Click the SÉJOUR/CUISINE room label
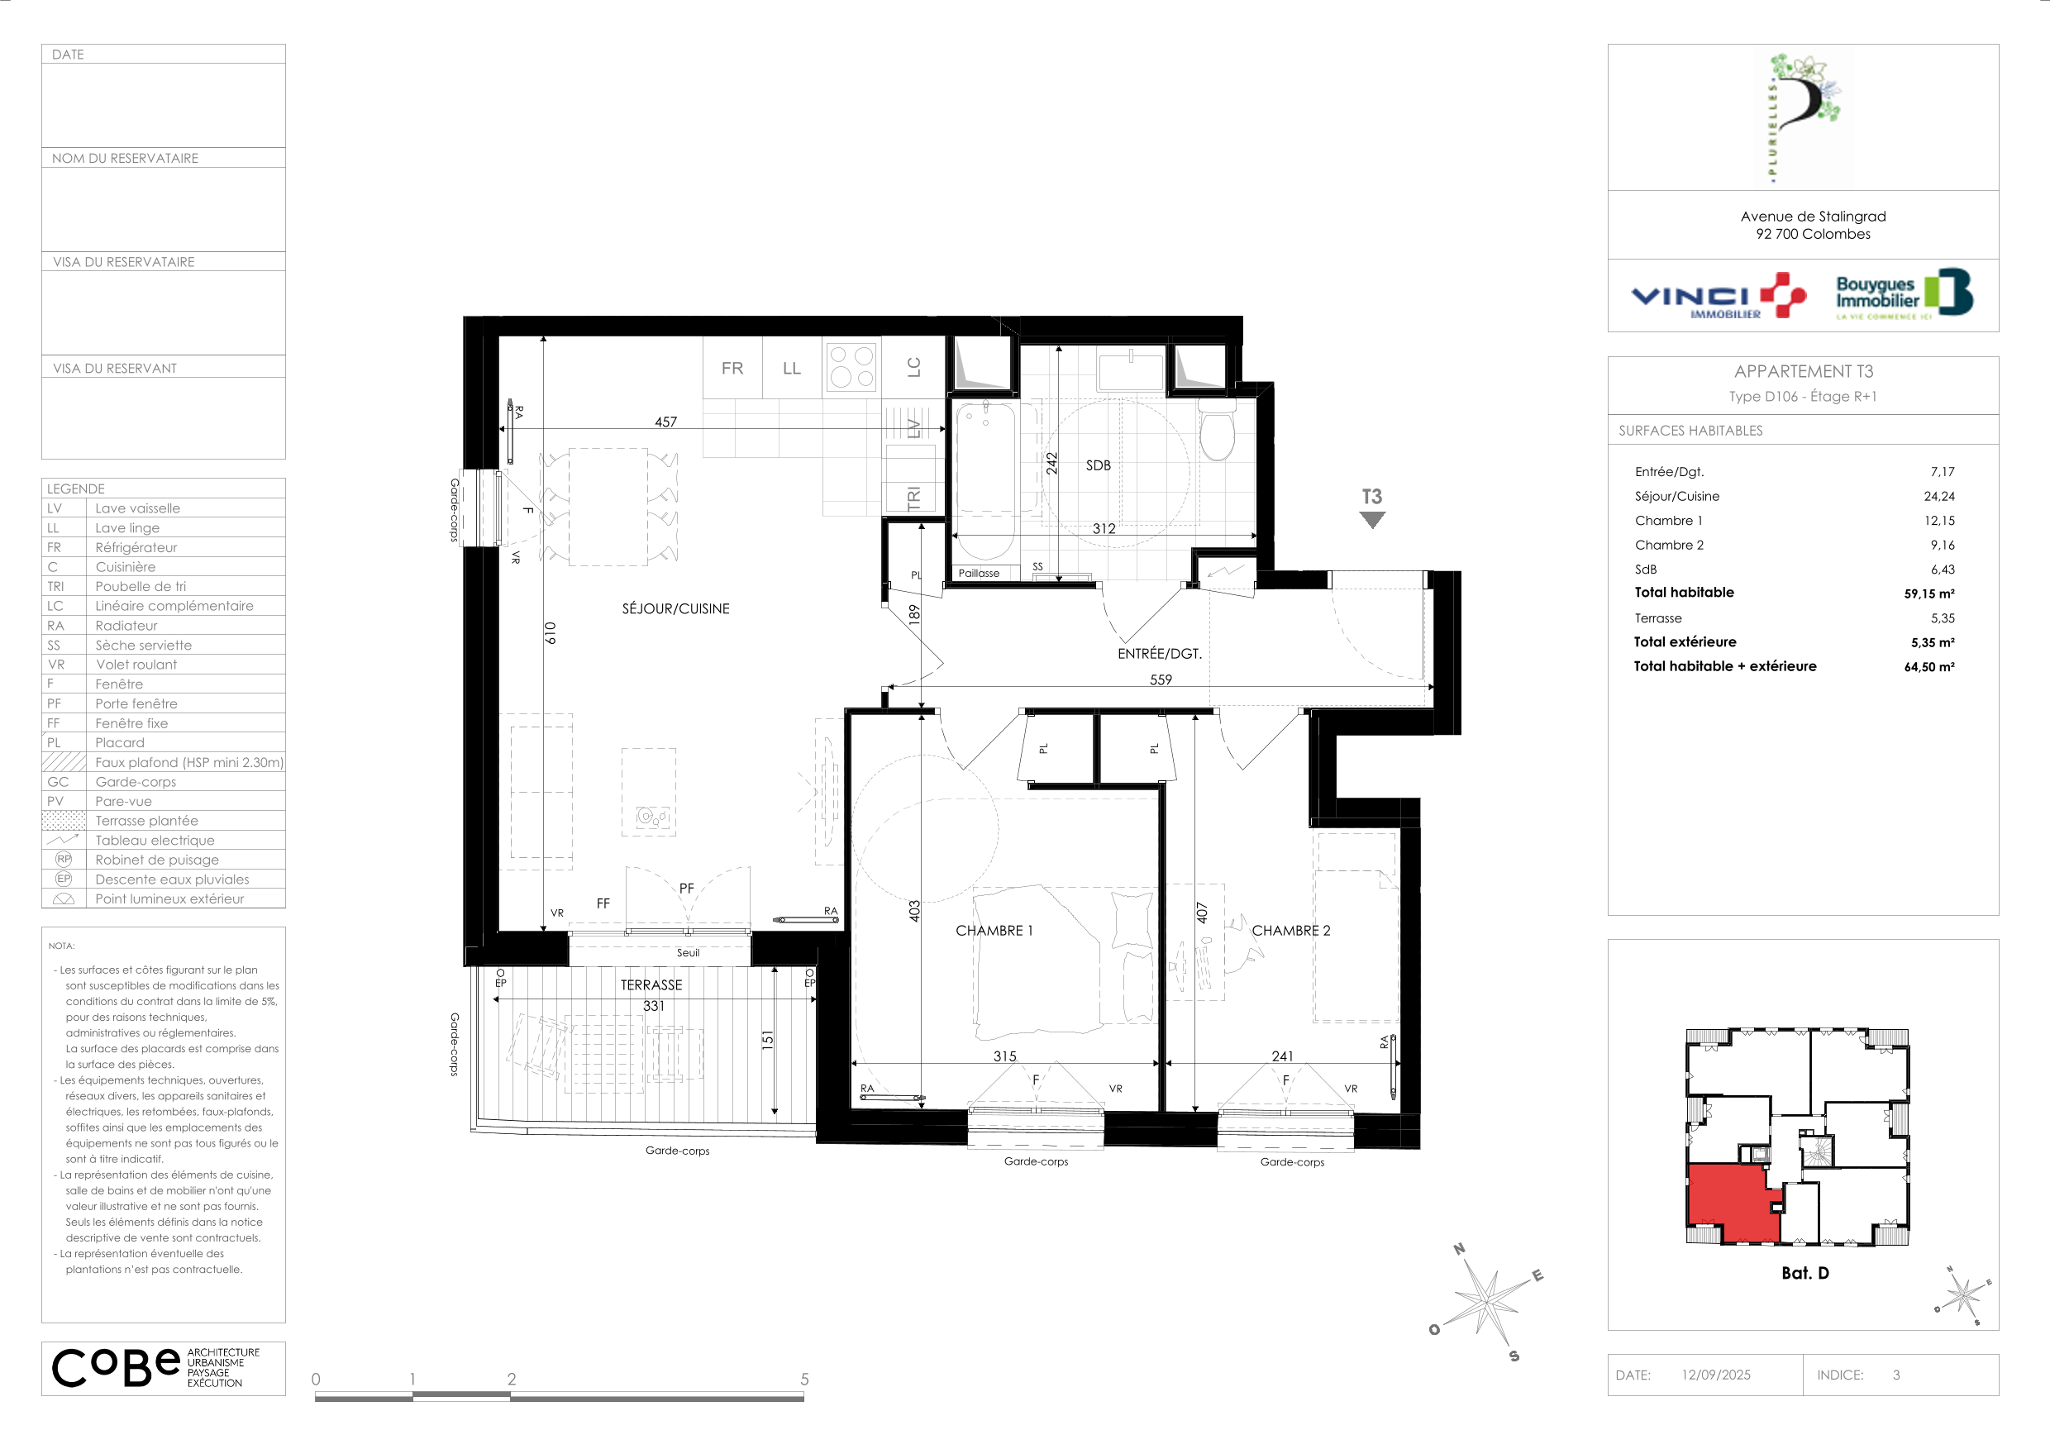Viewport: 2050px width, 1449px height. click(x=676, y=609)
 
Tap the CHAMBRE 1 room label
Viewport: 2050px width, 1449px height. click(x=994, y=930)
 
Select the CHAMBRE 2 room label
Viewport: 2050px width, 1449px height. click(x=1291, y=930)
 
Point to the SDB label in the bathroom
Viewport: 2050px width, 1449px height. click(x=1099, y=465)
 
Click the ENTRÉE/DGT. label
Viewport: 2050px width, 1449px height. click(x=1160, y=654)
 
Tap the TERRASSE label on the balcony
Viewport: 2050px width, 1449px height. click(x=652, y=984)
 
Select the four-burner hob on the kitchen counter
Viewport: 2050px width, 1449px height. click(x=851, y=367)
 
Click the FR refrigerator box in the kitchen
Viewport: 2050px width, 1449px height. click(x=732, y=367)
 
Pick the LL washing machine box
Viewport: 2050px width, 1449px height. click(x=792, y=367)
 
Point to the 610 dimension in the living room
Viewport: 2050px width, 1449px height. click(x=550, y=633)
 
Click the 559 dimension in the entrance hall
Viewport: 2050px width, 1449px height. click(x=1161, y=679)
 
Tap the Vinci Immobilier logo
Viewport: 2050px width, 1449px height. click(x=1719, y=297)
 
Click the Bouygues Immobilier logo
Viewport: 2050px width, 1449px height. click(x=1905, y=293)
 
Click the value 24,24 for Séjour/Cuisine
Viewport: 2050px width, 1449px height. click(x=1939, y=497)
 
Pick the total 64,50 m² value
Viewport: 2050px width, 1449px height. click(x=1929, y=667)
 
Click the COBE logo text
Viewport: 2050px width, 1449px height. click(x=116, y=1367)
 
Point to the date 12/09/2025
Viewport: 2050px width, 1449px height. click(x=1716, y=1375)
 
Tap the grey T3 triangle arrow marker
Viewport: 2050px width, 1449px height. click(x=1372, y=520)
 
